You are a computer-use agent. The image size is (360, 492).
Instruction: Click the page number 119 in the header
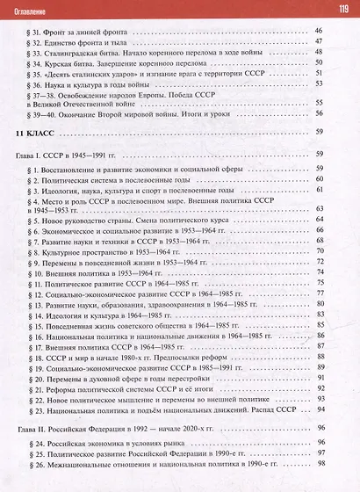342,9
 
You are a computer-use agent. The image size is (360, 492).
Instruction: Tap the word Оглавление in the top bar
31,10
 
